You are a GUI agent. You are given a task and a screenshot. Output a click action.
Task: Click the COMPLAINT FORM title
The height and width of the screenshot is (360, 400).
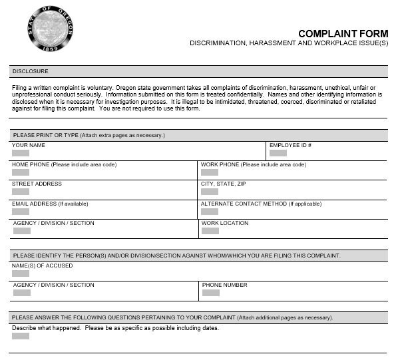[x=342, y=34]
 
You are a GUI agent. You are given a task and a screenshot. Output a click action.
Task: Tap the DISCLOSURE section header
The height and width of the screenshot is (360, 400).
[x=31, y=71]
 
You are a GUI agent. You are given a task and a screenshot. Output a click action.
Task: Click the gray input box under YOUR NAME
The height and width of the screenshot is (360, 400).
[x=21, y=153]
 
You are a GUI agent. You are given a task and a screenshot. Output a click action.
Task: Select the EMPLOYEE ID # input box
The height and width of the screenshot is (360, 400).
[x=278, y=153]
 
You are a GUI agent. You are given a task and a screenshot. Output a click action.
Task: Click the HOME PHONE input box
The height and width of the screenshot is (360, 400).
[x=21, y=172]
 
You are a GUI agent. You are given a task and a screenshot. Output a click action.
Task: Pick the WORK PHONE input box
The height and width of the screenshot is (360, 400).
[x=210, y=172]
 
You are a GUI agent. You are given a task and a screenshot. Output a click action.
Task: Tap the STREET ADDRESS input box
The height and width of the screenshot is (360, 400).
[x=21, y=192]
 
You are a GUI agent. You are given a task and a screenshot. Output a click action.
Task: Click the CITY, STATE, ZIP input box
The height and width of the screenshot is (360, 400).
[x=210, y=192]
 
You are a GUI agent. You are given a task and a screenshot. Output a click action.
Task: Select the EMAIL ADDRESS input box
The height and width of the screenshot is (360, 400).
[x=21, y=212]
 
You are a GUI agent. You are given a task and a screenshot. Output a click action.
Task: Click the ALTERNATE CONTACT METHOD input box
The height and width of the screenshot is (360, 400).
[x=210, y=212]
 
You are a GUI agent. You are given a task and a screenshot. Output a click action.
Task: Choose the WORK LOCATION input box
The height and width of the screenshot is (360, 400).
[x=210, y=231]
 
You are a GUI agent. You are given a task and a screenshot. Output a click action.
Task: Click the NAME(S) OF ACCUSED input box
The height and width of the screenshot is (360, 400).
[x=21, y=273]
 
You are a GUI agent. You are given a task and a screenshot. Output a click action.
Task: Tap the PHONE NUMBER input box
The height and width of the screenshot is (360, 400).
[x=210, y=293]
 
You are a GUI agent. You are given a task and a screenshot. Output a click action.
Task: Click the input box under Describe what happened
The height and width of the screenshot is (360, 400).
[x=21, y=336]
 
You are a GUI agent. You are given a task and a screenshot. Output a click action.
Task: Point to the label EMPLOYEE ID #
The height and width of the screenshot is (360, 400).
[x=290, y=145]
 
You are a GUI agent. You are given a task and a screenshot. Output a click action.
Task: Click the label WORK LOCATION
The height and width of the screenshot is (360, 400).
[x=224, y=223]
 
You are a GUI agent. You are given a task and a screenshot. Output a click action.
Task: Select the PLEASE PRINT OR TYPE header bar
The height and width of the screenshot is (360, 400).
[x=89, y=135]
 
